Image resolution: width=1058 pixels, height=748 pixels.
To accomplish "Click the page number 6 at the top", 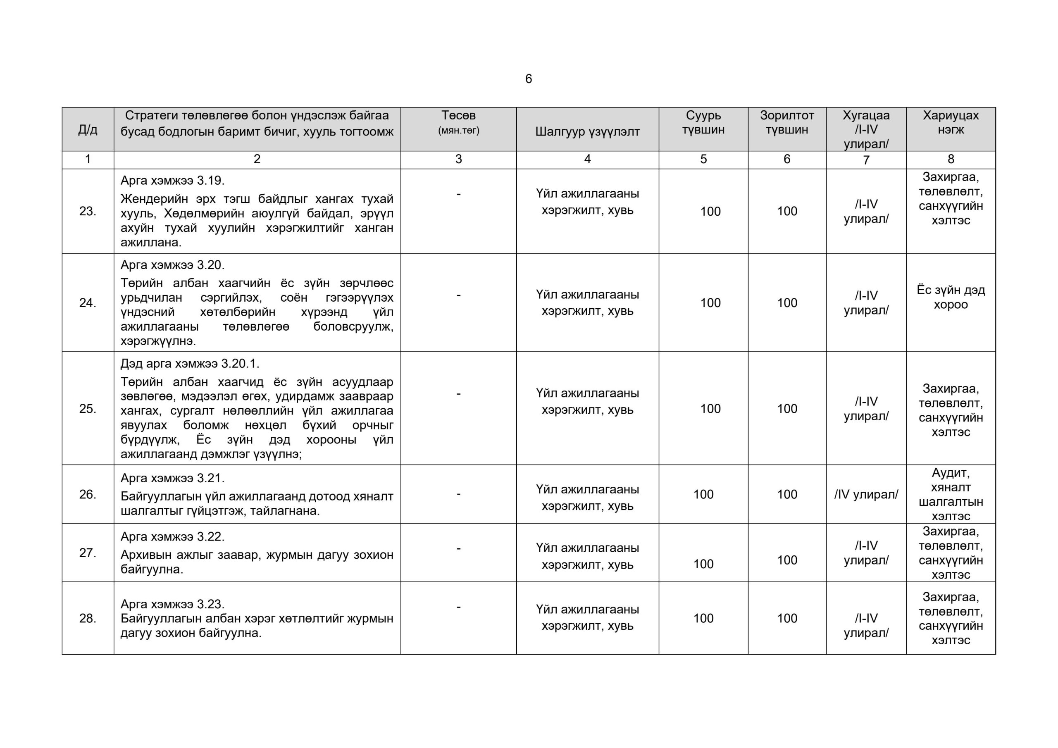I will coord(529,79).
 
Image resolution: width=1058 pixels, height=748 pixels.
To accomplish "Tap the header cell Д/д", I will coord(88,129).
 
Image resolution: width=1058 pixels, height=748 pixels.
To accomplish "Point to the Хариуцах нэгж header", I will coord(951,122).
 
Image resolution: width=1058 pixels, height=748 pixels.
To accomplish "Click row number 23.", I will coord(88,211).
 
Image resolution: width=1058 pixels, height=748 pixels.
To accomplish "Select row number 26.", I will coord(88,494).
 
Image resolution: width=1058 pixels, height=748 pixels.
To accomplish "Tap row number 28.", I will coord(88,618).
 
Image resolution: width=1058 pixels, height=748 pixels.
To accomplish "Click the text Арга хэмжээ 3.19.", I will coord(172,181).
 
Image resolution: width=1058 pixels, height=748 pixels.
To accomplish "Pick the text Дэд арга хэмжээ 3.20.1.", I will coord(190,364).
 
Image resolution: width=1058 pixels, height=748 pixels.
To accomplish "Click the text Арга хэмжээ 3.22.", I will coord(172,536).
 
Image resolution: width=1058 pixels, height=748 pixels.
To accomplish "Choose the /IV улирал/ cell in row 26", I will coord(866,495).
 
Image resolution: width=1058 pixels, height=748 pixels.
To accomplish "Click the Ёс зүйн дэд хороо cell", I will coord(951,297).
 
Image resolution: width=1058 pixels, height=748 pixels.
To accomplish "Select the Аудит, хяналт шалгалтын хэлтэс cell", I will coord(951,494).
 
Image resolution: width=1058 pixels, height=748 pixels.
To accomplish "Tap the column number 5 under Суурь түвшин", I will coord(703,160).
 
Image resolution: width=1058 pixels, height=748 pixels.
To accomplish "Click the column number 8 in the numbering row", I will coord(951,160).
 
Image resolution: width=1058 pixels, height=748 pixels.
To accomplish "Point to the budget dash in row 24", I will coord(458,295).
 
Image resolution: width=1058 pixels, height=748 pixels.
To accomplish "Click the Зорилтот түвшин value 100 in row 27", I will coord(786,560).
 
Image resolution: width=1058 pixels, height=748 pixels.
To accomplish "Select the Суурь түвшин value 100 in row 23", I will coord(710,212).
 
